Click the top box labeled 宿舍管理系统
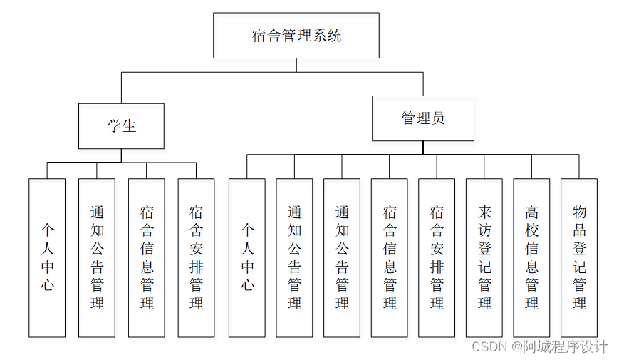pos(296,36)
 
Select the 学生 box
pos(121,126)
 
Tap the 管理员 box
pos(422,118)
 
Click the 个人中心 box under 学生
pos(47,257)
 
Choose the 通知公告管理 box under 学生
pos(97,257)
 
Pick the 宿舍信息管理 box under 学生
pos(147,257)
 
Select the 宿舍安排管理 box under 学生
pos(196,257)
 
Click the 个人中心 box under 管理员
pos(247,257)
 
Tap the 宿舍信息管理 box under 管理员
pos(390,257)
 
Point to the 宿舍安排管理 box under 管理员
pos(437,257)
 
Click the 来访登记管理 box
pos(484,257)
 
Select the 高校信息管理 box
pos(531,257)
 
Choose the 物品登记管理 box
pos(579,257)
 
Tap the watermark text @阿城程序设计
pos(560,347)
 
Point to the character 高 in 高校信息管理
pos(531,212)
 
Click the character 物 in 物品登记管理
pos(579,212)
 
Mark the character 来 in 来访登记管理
pos(484,212)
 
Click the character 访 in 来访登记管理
pos(484,230)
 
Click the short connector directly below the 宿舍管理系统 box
pos(296,65)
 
